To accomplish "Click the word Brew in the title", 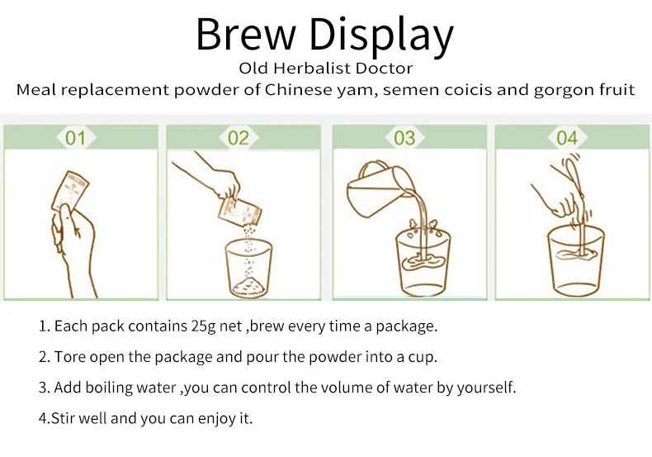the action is pyautogui.click(x=245, y=34).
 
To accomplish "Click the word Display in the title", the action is pyautogui.click(x=381, y=36).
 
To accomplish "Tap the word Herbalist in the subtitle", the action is pyautogui.click(x=325, y=69).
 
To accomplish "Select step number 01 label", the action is pyautogui.click(x=76, y=138).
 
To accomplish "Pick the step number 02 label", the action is pyautogui.click(x=239, y=138).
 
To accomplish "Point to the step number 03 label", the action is pyautogui.click(x=404, y=138).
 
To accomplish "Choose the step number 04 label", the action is pyautogui.click(x=567, y=138).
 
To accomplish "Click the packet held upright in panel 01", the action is pyautogui.click(x=71, y=191).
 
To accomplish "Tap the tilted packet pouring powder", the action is pyautogui.click(x=239, y=212).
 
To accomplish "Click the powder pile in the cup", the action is pyautogui.click(x=249, y=288).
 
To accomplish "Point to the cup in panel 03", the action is pyautogui.click(x=423, y=262).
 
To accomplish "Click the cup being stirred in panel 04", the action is pyautogui.click(x=576, y=260).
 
